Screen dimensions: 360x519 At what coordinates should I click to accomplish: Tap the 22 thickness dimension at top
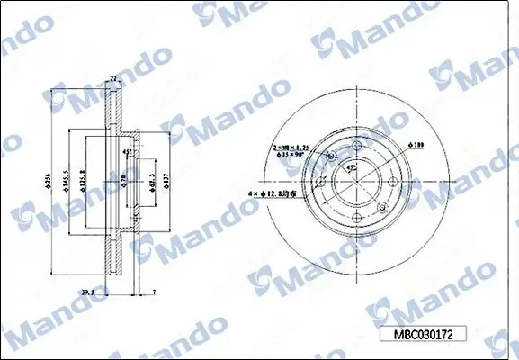pos(113,79)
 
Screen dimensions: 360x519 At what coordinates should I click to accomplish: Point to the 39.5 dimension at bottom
pos(88,292)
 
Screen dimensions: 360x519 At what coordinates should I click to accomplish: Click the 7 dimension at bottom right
pos(154,292)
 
